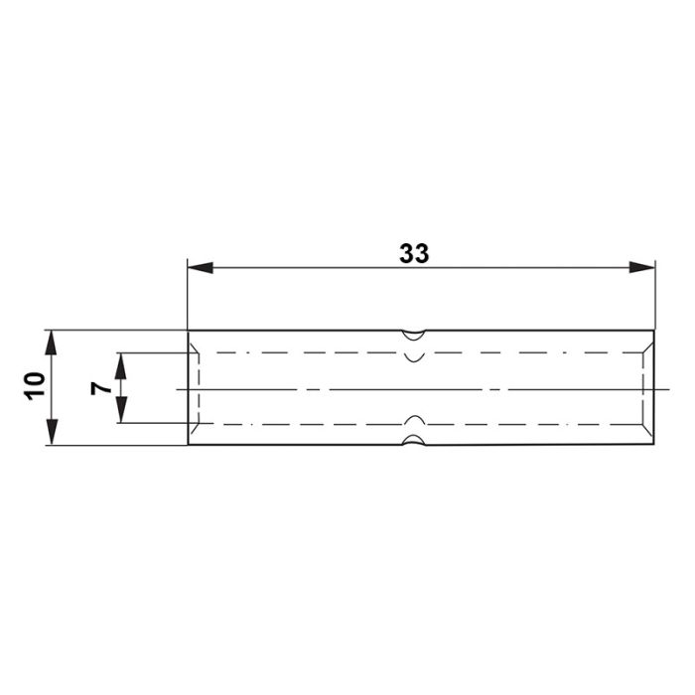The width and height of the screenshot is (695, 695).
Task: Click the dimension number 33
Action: tap(414, 253)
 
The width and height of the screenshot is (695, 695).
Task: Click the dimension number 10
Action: tap(36, 387)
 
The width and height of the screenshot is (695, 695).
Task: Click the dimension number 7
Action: tap(101, 388)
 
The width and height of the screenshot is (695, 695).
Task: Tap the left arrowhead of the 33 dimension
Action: tap(201, 268)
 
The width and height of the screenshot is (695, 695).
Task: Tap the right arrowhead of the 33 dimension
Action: tap(641, 267)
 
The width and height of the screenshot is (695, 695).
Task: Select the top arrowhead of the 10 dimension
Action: tap(52, 343)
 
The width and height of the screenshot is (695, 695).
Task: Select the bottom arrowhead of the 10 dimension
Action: tap(52, 432)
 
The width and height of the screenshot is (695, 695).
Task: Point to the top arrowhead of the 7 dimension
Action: tap(120, 365)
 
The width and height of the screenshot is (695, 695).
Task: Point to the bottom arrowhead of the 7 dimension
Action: tap(120, 410)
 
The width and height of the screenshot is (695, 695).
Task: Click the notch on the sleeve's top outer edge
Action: tap(414, 336)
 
